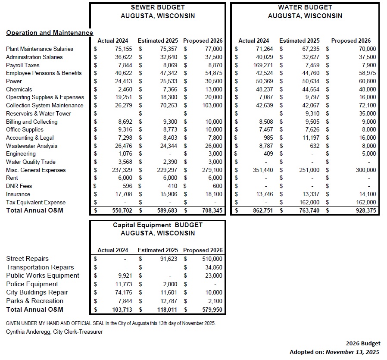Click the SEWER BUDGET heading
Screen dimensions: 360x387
[x=157, y=7]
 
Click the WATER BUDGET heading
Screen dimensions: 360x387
[x=305, y=7]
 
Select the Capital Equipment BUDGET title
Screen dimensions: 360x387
[x=157, y=225]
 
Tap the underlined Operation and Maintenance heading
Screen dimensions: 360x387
[x=50, y=33]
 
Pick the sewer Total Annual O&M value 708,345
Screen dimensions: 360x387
[x=211, y=211]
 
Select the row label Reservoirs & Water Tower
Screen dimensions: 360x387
[x=38, y=113]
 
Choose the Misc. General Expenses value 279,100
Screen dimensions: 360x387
[x=212, y=170]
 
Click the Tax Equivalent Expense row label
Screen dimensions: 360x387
[x=36, y=202]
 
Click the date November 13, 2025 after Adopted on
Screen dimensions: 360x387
[x=352, y=352]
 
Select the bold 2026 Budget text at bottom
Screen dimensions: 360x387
[x=363, y=343]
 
